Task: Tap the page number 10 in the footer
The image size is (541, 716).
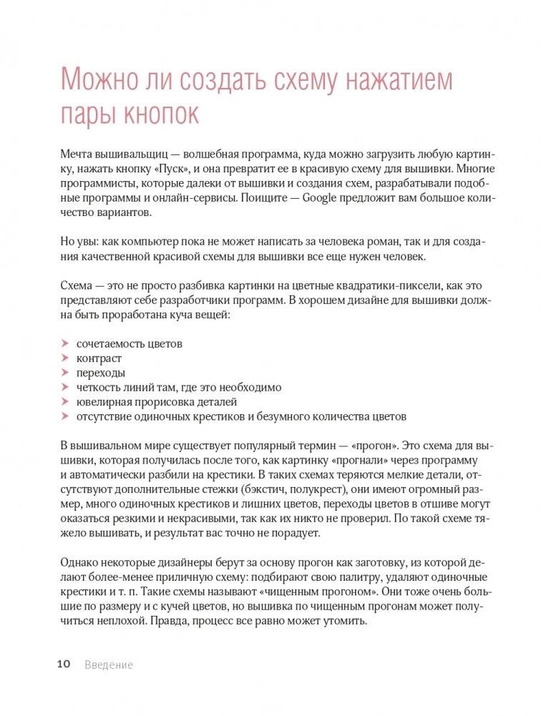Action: pos(63,664)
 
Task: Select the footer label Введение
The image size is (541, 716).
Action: pos(109,664)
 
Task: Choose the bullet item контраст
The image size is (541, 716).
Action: pos(99,358)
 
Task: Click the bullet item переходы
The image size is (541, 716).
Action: pos(101,373)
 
